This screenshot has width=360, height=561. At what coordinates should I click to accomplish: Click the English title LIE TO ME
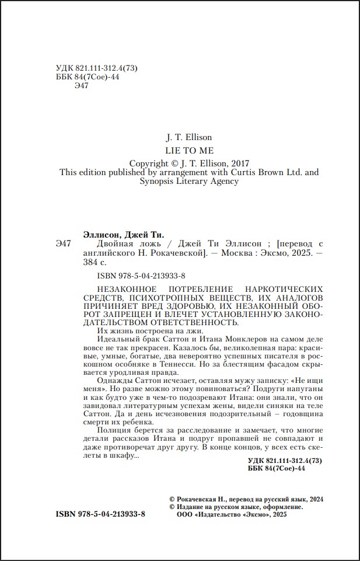coord(189,151)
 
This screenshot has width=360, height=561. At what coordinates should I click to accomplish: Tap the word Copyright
coord(150,163)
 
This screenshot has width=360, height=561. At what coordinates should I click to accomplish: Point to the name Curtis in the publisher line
coord(245,172)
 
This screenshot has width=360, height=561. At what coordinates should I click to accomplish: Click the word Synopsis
coord(159,182)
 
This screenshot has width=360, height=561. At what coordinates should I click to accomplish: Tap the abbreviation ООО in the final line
coord(176,515)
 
